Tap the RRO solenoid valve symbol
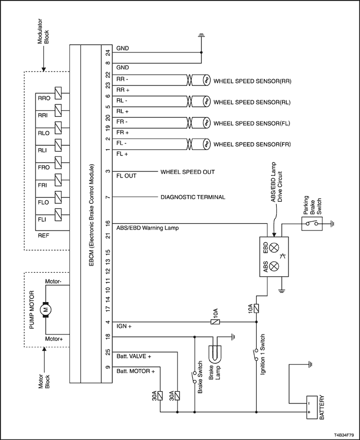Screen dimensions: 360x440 coord(58,93)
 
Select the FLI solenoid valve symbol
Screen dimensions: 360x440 coord(58,215)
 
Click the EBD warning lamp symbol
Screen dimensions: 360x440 coord(274,248)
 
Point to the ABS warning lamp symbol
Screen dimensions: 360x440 coord(274,266)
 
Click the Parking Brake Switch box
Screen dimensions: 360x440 coord(312,224)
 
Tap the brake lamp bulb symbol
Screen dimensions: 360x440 coord(215,353)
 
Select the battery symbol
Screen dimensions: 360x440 coord(312,408)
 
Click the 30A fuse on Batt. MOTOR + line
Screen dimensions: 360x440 coord(160,396)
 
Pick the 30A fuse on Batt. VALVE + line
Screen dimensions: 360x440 coord(177,396)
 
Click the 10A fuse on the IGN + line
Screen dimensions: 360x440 coord(215,322)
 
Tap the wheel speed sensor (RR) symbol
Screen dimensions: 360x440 coord(206,80)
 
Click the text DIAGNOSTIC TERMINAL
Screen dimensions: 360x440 coord(193,197)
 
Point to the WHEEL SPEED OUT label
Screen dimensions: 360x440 coord(188,172)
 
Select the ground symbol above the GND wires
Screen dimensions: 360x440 coord(201,36)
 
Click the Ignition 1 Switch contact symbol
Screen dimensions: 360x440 coord(256,355)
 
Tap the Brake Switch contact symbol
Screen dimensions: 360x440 coord(194,377)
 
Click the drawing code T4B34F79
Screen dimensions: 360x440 coord(344,435)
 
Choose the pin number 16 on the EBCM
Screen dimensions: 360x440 coord(108,224)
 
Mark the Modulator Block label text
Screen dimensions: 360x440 coord(43,31)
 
